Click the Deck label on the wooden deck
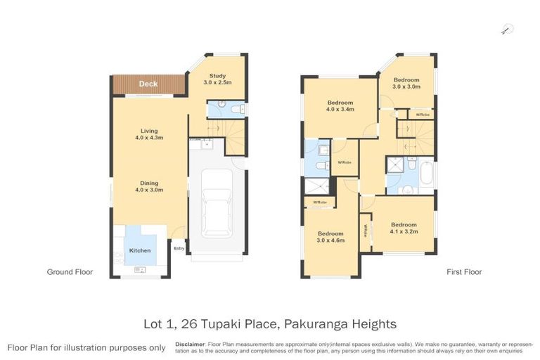tap(148, 84)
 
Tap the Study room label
tap(217, 79)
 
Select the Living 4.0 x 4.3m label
tap(148, 134)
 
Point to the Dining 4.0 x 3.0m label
tap(148, 186)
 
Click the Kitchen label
tap(140, 250)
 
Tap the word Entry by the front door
tap(179, 248)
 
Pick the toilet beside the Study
tap(236, 109)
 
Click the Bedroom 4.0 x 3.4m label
tap(340, 105)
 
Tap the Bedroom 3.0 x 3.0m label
tap(406, 83)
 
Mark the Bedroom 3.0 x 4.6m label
tap(330, 236)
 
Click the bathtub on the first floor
tap(427, 174)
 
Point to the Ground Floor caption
tap(70, 271)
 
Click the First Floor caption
tap(464, 271)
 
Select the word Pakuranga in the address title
tap(307, 324)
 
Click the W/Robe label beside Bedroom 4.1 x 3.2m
tap(365, 231)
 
